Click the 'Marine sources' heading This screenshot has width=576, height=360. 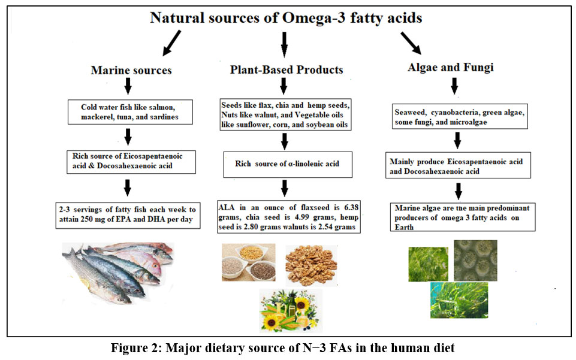(131, 70)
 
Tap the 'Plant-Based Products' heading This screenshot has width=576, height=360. (287, 69)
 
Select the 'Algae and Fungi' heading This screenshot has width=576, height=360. (451, 67)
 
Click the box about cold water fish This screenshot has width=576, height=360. (130, 112)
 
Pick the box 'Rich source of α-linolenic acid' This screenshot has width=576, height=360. (288, 164)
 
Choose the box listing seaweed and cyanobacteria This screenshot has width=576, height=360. (460, 116)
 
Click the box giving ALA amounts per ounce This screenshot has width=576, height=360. (289, 217)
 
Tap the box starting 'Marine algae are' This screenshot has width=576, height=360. (463, 217)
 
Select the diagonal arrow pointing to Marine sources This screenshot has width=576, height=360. (171, 43)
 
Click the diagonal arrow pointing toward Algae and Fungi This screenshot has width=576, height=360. (411, 43)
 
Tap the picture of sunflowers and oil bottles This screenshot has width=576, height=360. (291, 310)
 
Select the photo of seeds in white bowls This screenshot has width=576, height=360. (248, 262)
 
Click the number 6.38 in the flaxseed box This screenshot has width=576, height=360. (351, 207)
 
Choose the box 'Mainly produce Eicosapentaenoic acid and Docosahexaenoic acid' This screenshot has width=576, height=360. (458, 165)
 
